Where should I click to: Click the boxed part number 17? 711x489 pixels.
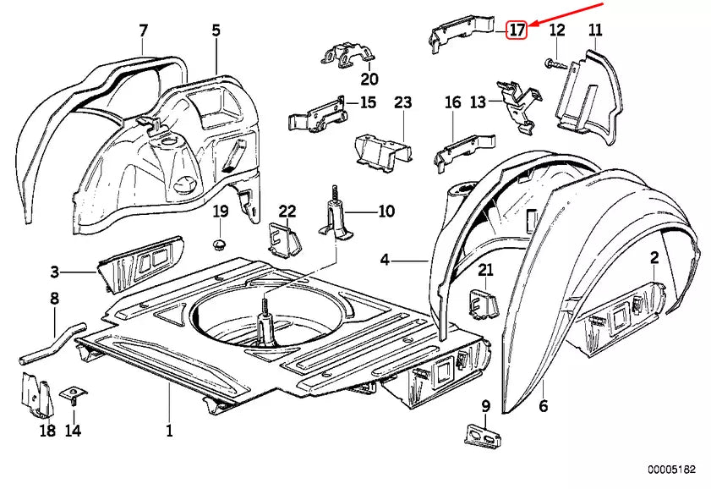tap(517, 30)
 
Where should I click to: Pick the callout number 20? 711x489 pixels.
tap(369, 80)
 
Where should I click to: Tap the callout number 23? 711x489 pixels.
tap(402, 102)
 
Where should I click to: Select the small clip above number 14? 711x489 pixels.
tap(74, 395)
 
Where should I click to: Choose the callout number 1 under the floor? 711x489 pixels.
tap(169, 431)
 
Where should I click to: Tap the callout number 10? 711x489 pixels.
tap(386, 211)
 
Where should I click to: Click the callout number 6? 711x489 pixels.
tap(543, 406)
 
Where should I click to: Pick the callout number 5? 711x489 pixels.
tap(216, 31)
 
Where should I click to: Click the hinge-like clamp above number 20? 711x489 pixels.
tap(347, 57)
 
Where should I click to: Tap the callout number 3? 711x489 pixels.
tap(54, 272)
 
